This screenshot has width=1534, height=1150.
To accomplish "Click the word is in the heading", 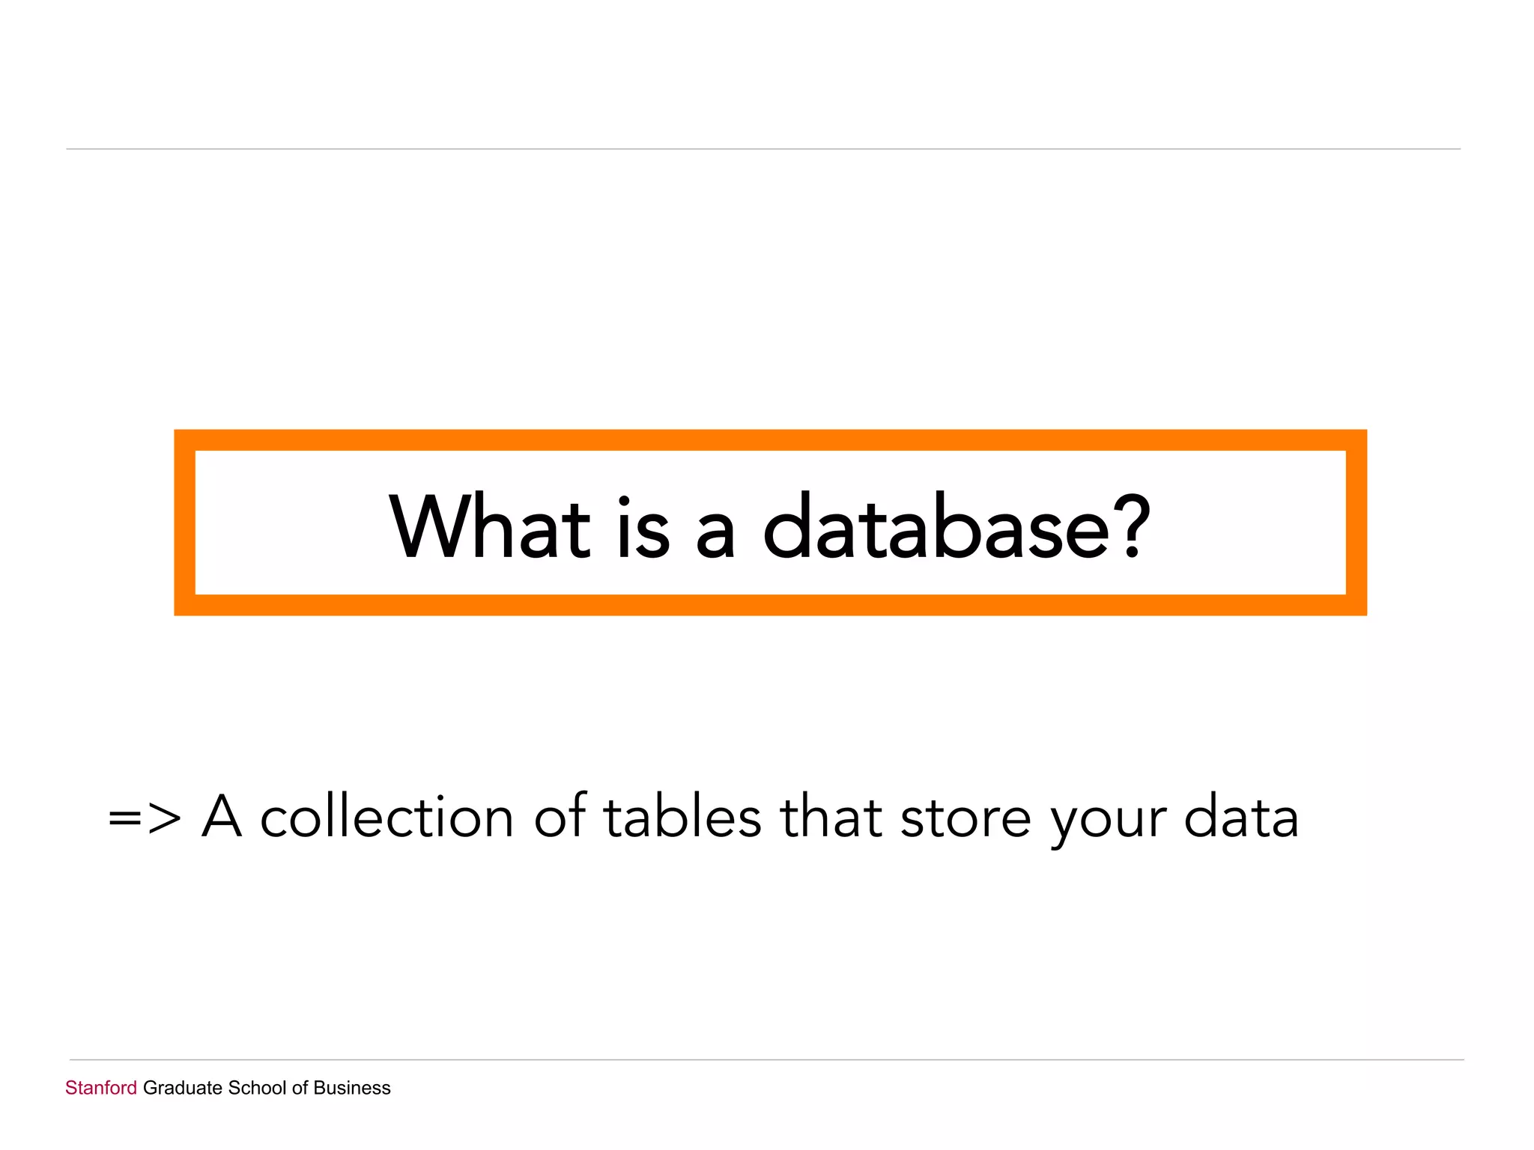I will coord(643,527).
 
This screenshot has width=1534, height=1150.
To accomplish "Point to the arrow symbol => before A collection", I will coord(145,818).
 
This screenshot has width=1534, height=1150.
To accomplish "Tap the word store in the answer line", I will coord(965,818).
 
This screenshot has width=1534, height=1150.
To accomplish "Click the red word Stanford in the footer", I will coord(101,1088).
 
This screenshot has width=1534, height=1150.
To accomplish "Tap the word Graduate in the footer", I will coord(183,1088).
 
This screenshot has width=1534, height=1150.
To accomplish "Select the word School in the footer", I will coord(257,1088).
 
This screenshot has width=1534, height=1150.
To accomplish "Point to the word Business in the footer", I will coord(352,1088).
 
